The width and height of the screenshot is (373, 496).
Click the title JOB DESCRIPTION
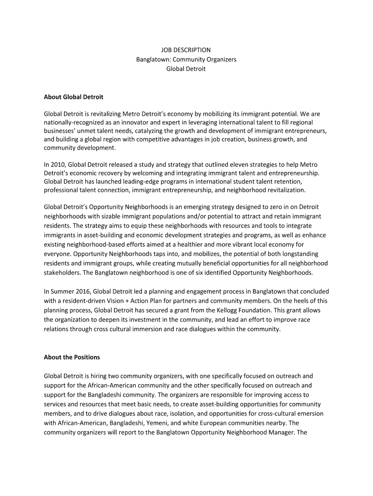(x=186, y=50)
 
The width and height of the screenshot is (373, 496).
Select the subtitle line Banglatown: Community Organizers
(x=186, y=60)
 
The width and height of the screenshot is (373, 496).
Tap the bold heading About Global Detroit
(x=74, y=97)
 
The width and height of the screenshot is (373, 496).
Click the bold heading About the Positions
(x=72, y=357)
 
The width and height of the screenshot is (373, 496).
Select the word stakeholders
(x=62, y=272)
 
